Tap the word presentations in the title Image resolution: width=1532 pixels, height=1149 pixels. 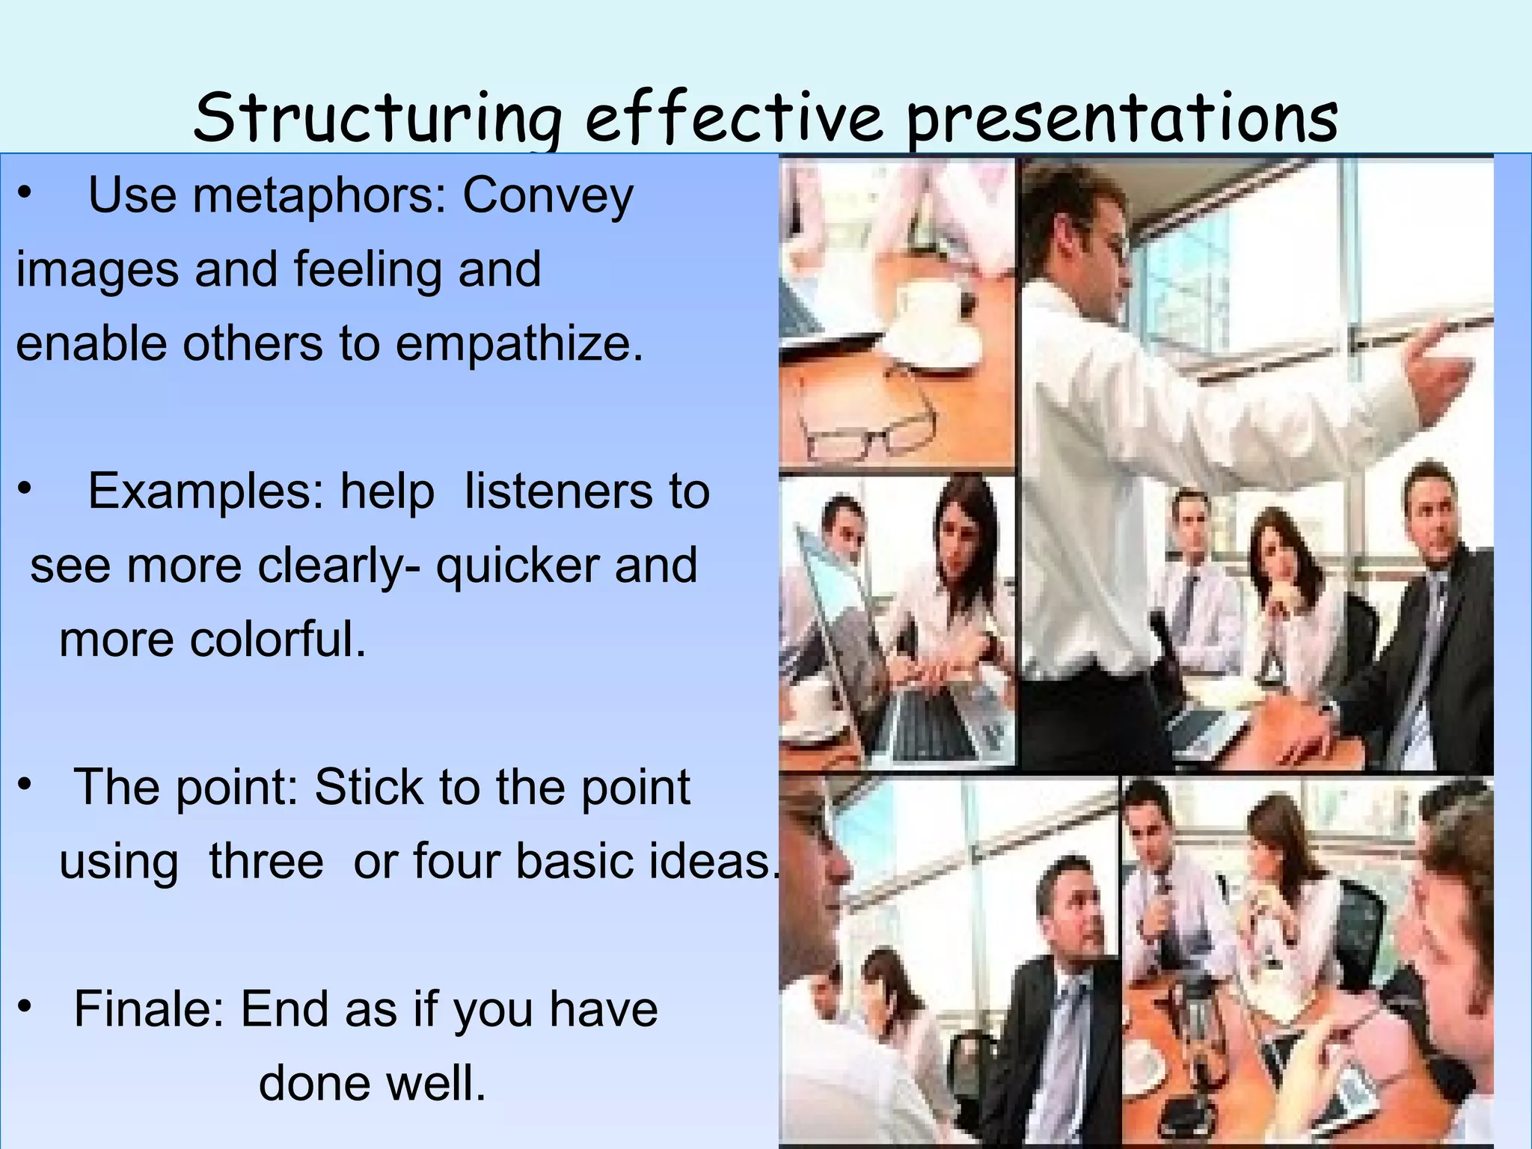coord(1122,120)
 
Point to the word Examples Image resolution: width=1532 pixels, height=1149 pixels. coord(206,492)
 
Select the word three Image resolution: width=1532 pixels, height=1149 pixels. coord(266,862)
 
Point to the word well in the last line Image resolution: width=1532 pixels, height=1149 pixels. coord(441,1084)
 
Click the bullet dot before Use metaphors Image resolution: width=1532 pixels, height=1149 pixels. coord(25,193)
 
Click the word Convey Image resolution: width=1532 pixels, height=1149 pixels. coord(548,196)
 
